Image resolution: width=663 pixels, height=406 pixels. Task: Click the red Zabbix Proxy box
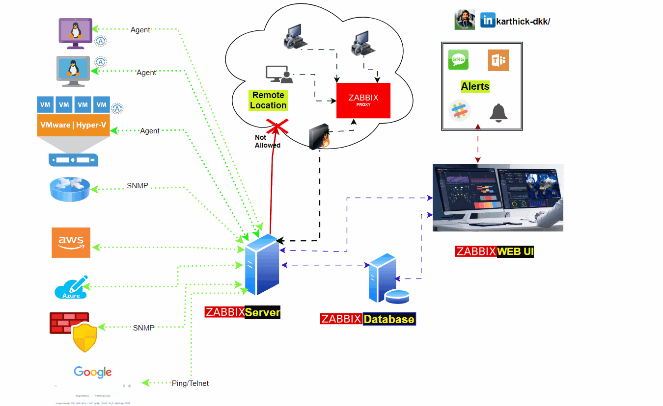click(x=363, y=101)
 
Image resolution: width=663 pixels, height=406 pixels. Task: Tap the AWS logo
click(x=71, y=242)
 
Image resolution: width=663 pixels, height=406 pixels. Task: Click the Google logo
click(x=93, y=372)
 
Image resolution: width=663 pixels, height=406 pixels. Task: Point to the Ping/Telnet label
click(x=190, y=383)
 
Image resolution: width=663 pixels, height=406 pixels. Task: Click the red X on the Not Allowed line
click(x=277, y=127)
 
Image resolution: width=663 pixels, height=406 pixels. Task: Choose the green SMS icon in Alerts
click(x=458, y=60)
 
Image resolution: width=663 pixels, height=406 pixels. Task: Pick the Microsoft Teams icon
click(x=498, y=60)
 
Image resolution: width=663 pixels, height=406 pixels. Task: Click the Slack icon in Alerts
click(x=460, y=110)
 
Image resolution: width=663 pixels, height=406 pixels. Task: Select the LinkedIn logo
click(x=488, y=20)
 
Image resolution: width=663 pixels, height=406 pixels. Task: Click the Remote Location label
click(x=268, y=100)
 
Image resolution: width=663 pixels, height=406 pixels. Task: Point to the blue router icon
click(x=70, y=189)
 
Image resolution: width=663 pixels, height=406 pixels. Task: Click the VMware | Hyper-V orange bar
click(x=73, y=125)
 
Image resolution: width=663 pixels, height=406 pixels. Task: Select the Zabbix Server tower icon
click(x=261, y=265)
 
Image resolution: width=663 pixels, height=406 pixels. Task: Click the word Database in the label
click(x=389, y=319)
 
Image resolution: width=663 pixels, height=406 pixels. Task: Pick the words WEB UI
click(x=515, y=252)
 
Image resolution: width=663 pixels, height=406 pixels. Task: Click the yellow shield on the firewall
click(x=84, y=337)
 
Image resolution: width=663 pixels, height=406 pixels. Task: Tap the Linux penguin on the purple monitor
click(x=75, y=30)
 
